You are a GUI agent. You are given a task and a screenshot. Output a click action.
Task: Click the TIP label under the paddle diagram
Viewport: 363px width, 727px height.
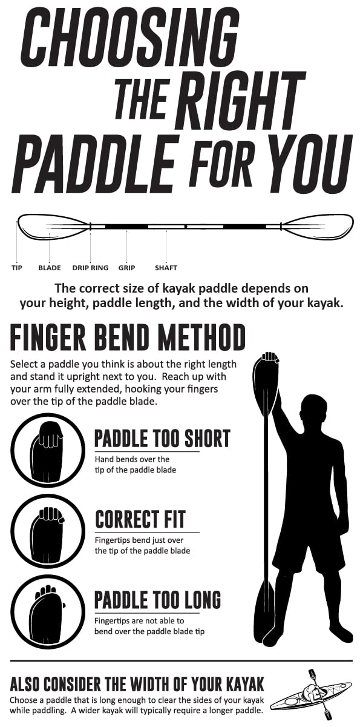[x=16, y=268]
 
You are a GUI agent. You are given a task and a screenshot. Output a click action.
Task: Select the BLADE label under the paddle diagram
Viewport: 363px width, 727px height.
[x=49, y=268]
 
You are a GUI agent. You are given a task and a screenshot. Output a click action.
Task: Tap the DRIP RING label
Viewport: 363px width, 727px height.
[x=90, y=268]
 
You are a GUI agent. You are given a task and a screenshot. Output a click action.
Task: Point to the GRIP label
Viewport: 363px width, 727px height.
[x=126, y=268]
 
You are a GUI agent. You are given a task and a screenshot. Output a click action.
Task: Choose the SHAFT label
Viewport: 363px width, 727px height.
[x=166, y=268]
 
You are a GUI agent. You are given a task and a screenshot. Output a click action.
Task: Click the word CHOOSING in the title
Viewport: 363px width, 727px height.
[x=129, y=36]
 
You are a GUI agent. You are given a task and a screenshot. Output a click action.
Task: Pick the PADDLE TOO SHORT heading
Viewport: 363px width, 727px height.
[x=162, y=439]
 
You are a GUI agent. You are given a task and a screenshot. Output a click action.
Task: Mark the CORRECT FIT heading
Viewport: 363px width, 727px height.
[x=140, y=519]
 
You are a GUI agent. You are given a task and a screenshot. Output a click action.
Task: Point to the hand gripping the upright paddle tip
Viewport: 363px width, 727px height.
[x=270, y=357]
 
